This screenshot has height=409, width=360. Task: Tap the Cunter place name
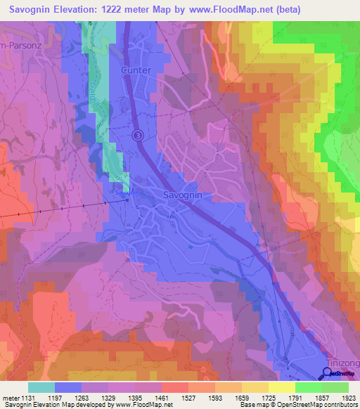[136, 70]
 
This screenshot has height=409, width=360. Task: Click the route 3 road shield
[138, 134]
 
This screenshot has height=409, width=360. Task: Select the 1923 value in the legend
[347, 398]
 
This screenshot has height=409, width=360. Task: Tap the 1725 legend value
[268, 398]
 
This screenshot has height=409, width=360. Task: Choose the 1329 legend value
[108, 398]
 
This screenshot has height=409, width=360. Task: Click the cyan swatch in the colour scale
[41, 387]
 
